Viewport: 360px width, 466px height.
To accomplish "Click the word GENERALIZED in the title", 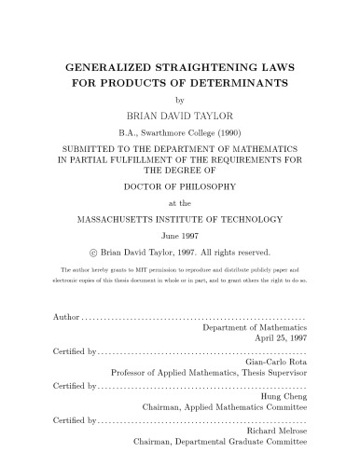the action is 104,68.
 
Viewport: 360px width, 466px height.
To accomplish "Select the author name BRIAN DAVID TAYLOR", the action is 180,116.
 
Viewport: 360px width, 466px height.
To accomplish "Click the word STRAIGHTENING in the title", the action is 199,68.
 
